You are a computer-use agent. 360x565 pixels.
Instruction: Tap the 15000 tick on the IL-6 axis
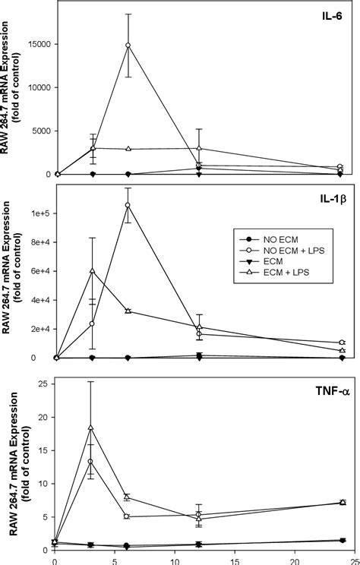(x=39, y=44)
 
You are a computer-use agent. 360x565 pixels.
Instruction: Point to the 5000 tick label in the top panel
(x=41, y=131)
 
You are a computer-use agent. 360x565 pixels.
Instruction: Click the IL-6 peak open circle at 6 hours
(x=128, y=46)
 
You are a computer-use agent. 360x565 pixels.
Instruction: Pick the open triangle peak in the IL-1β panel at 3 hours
(x=92, y=271)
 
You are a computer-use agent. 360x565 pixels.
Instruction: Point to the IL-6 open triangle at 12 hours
(x=199, y=149)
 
